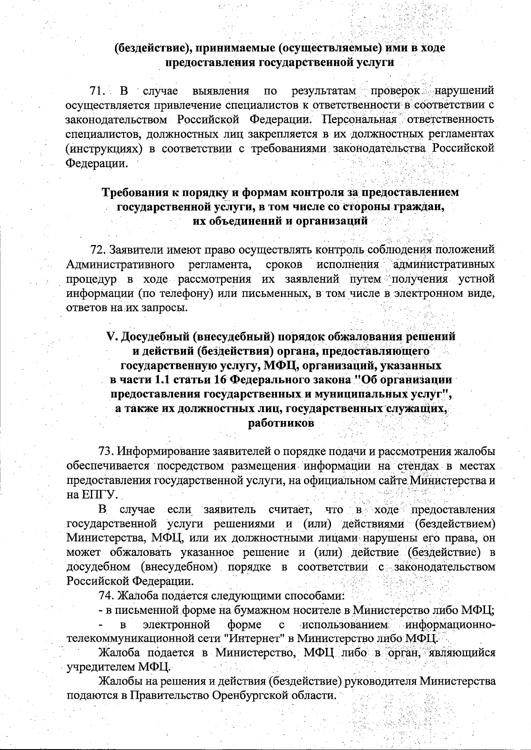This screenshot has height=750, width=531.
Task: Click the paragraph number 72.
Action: (97, 250)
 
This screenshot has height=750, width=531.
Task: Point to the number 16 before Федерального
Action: (221, 380)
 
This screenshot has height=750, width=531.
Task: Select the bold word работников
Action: (281, 423)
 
